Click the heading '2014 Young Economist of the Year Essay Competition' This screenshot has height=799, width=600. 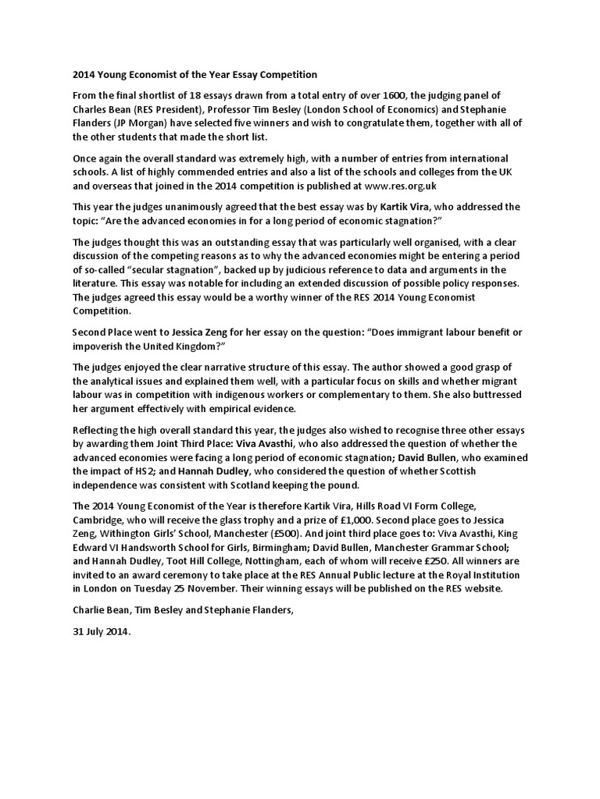[189, 75]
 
